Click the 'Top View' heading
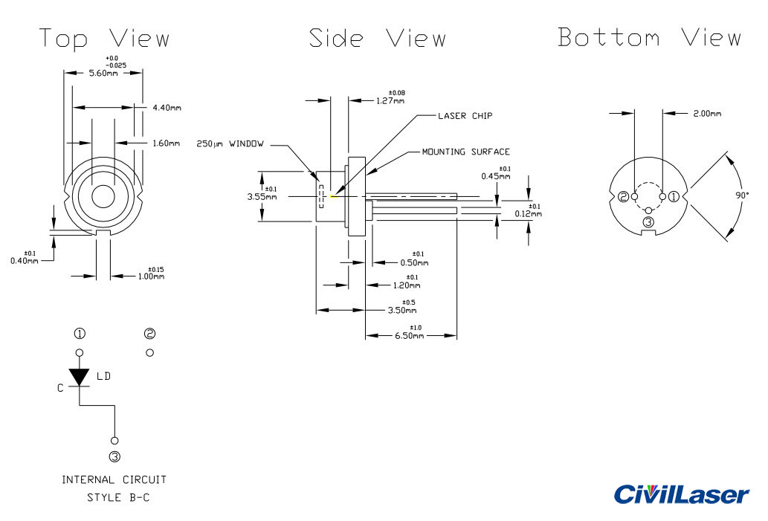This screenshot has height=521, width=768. [x=105, y=39]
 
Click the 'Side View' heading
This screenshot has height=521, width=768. [x=378, y=39]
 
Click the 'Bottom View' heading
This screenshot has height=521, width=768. [x=649, y=37]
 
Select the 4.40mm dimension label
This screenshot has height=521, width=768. [x=167, y=108]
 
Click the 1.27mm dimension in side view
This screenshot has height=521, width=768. [x=390, y=101]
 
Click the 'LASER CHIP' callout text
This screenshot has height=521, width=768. [x=465, y=116]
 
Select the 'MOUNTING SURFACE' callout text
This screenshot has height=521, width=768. [x=465, y=152]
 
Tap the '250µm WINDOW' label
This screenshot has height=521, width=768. [x=230, y=143]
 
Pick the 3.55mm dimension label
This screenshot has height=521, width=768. [x=261, y=197]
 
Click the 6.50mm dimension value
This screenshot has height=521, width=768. [x=409, y=336]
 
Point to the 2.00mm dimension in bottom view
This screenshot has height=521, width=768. [x=706, y=114]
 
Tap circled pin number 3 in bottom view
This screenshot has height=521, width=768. [x=648, y=222]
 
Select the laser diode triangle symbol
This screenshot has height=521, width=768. [x=80, y=377]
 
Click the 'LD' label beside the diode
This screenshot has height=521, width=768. [x=103, y=377]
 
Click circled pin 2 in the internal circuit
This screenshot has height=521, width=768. [x=150, y=333]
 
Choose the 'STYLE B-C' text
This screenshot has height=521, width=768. [x=118, y=497]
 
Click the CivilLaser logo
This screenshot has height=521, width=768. [x=682, y=494]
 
